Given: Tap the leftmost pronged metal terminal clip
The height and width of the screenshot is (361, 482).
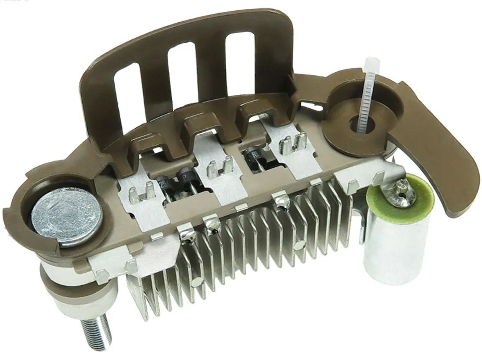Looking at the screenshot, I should click(x=140, y=193).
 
